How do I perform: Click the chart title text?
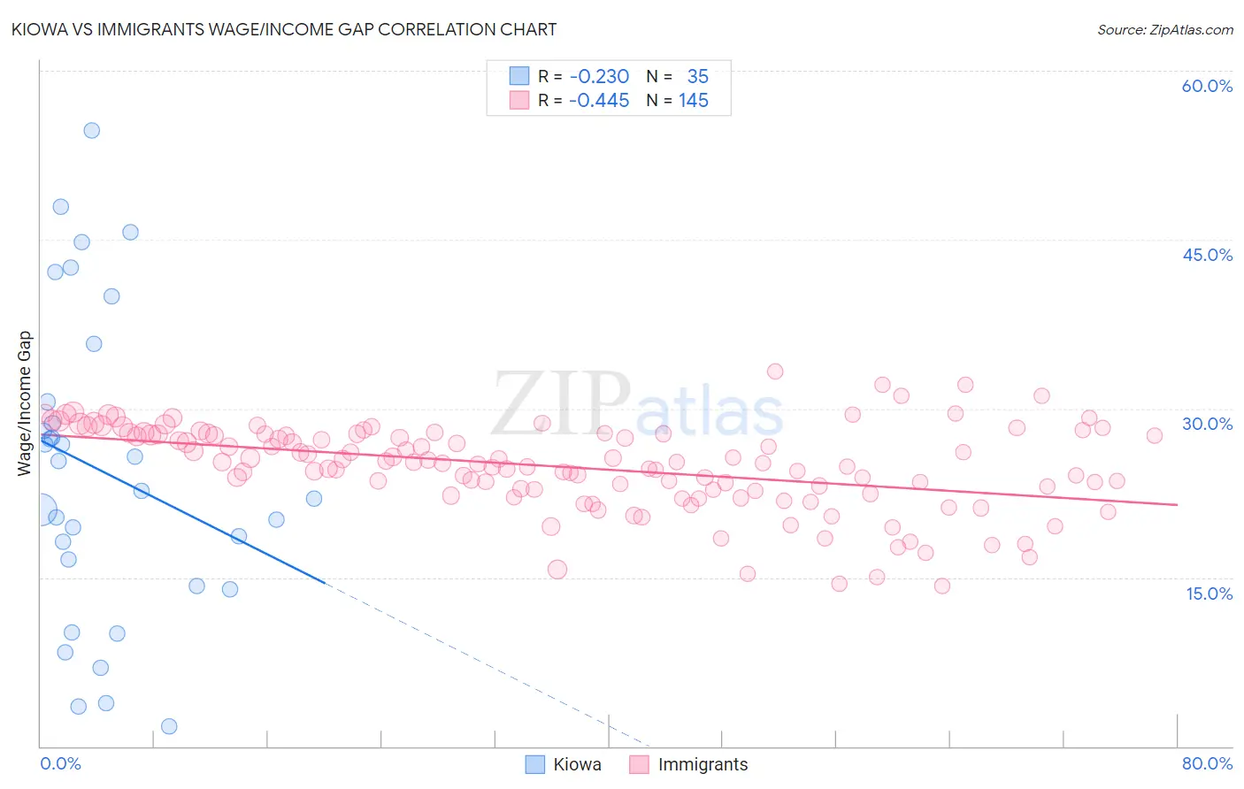point(283,29)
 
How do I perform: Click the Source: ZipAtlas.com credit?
point(1164,29)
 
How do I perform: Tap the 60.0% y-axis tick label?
point(1207,86)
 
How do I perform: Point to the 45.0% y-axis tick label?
point(1207,255)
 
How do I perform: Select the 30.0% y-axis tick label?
point(1207,424)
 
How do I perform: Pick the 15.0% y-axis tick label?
point(1209,594)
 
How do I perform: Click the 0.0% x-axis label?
point(60,763)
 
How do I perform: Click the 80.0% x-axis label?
point(1207,763)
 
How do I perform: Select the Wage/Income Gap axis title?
point(25,403)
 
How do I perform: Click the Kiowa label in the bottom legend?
point(577,764)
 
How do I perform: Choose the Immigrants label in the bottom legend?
point(703,764)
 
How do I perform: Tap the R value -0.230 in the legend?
point(599,77)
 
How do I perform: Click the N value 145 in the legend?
point(694,101)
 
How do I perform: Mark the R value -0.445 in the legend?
point(599,101)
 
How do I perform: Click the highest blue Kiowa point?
point(91,130)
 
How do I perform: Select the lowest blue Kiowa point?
point(169,726)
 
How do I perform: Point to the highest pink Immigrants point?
point(775,372)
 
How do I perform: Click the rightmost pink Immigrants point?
point(1154,435)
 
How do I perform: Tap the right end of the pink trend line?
point(1177,504)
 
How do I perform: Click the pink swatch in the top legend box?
point(518,101)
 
